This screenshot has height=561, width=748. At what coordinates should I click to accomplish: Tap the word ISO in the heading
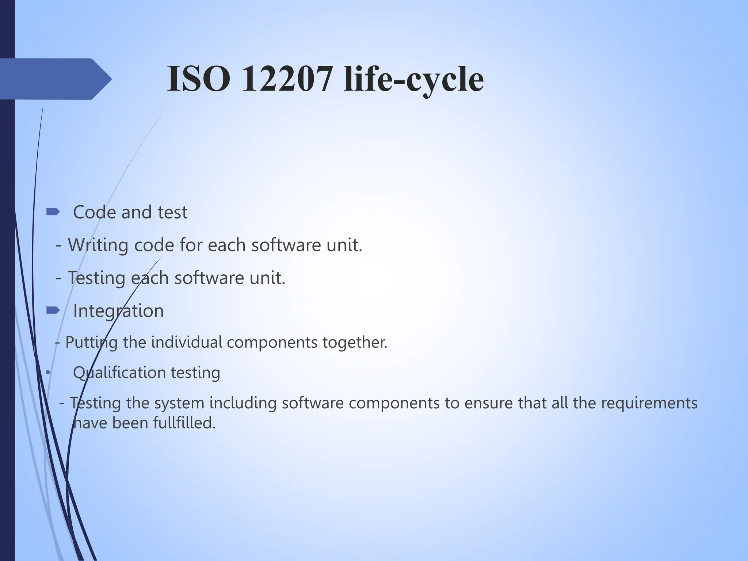tap(198, 79)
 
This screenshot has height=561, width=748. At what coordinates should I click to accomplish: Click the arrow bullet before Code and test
tap(53, 212)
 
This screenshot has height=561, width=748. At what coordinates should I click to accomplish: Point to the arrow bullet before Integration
tap(53, 310)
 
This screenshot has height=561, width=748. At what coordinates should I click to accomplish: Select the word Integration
tap(118, 311)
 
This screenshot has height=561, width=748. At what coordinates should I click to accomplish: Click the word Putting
tap(91, 343)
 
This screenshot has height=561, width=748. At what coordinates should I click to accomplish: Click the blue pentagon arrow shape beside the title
tap(55, 79)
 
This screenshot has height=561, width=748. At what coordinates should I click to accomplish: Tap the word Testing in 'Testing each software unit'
tap(96, 278)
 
